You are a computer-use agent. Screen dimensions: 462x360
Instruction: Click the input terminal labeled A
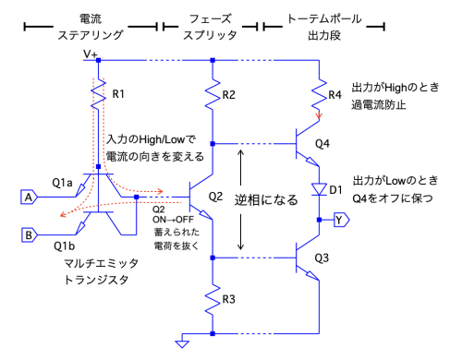(x=29, y=197)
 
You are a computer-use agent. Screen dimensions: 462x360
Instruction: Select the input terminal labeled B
(x=29, y=235)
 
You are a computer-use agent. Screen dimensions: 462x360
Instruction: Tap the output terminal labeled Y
(x=342, y=220)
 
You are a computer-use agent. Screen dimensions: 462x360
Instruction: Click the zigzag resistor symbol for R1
(x=98, y=93)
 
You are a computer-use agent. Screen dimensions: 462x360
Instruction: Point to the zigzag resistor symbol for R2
(x=213, y=94)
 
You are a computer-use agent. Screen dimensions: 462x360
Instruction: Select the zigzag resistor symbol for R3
(x=213, y=299)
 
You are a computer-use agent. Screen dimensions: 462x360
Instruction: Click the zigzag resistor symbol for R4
(x=319, y=94)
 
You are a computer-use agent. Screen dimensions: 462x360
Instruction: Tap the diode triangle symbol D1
(x=319, y=189)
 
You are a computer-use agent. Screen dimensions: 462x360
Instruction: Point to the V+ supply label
(x=91, y=54)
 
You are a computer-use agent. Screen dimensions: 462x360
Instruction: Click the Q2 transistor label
(x=215, y=197)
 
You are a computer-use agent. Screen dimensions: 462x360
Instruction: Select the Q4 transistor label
(x=322, y=143)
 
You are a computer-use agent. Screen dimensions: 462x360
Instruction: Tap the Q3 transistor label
(x=322, y=258)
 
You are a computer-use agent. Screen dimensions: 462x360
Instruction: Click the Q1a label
(x=62, y=183)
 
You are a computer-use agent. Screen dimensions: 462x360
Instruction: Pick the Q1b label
(x=64, y=246)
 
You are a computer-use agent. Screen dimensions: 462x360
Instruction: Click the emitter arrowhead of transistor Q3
(x=312, y=276)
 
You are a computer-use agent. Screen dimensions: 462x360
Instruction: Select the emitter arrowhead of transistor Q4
(x=312, y=162)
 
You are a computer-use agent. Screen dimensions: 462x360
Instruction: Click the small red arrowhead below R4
(x=319, y=116)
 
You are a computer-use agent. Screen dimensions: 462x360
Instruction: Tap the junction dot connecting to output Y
(x=319, y=220)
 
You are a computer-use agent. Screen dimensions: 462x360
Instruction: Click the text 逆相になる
(x=266, y=200)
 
